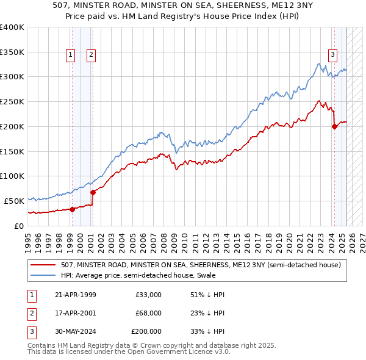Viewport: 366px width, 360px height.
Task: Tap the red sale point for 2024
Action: pyautogui.click(x=334, y=127)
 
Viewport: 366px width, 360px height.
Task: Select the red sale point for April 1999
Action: pyautogui.click(x=72, y=209)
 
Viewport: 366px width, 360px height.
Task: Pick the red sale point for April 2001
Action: pyautogui.click(x=93, y=192)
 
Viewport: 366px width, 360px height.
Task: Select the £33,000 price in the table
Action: pyautogui.click(x=148, y=295)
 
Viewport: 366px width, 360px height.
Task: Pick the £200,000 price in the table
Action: pyautogui.click(x=146, y=331)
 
